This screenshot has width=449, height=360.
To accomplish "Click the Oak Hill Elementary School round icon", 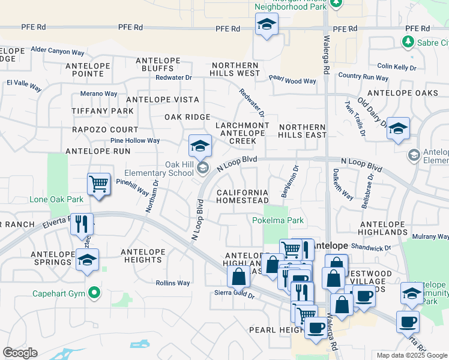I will pyautogui.click(x=202, y=168).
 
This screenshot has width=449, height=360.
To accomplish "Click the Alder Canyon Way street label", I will pyautogui.click(x=58, y=51).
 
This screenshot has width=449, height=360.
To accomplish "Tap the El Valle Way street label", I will pyautogui.click(x=24, y=86).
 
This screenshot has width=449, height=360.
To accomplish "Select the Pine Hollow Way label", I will pyautogui.click(x=135, y=140).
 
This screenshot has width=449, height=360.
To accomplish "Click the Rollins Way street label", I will pyautogui.click(x=173, y=283).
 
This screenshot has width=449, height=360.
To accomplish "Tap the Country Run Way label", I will pyautogui.click(x=363, y=77).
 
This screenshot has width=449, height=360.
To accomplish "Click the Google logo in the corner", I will pyautogui.click(x=20, y=353).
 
